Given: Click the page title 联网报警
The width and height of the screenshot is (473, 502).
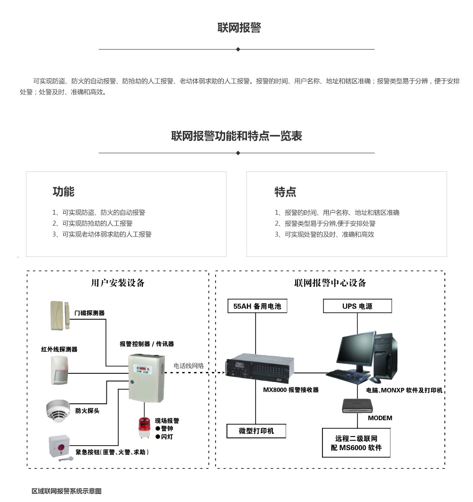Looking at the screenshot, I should (239, 28).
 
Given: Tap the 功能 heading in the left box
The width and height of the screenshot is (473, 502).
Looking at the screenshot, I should (63, 192).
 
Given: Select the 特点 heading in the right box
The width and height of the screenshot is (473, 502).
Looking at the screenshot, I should (285, 192).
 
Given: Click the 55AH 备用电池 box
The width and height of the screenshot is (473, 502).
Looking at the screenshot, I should (257, 306).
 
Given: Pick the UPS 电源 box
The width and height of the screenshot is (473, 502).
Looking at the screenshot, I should (357, 306).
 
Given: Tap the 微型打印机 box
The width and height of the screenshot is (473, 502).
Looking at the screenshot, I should (256, 431).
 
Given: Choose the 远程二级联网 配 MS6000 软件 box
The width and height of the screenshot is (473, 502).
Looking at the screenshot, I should (356, 443).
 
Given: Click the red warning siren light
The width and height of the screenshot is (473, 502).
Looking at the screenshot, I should (144, 427).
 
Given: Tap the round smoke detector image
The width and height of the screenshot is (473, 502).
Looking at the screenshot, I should (58, 409).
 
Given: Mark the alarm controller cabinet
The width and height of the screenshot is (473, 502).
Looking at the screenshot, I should (145, 378).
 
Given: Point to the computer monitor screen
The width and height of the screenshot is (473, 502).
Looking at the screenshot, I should (355, 349).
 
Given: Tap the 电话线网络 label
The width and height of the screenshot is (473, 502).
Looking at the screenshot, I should (188, 366).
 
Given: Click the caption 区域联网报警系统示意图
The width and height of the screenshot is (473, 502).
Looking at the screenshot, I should (66, 491).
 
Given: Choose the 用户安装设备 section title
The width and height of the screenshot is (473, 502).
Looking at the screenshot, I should (118, 283).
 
